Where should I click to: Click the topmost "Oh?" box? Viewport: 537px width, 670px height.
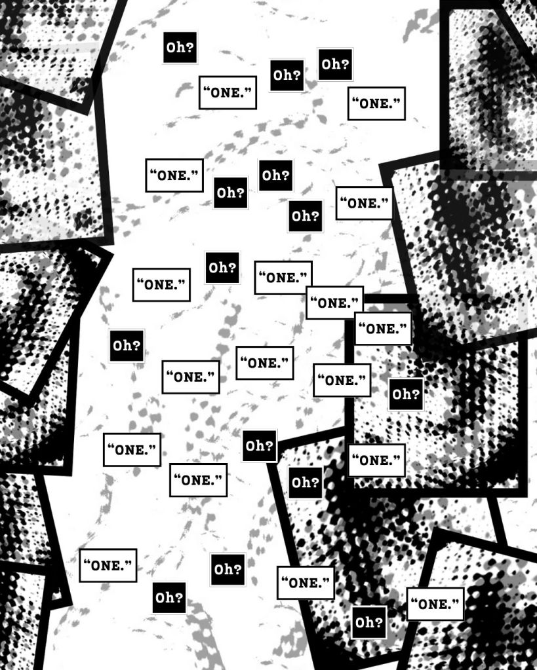[180, 47]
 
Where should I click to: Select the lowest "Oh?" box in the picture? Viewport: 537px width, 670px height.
[369, 622]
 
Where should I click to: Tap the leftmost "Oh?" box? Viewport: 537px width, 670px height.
[127, 346]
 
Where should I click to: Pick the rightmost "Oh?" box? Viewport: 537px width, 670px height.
[406, 394]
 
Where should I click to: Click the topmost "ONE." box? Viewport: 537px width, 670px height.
[228, 93]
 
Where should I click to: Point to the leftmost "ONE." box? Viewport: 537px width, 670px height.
[108, 566]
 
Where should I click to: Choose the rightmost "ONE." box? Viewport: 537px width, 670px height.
[435, 605]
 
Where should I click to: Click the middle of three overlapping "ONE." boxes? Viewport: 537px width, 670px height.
[334, 303]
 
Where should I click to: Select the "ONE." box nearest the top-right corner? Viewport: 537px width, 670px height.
[376, 103]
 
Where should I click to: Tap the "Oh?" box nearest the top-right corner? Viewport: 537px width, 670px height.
[336, 65]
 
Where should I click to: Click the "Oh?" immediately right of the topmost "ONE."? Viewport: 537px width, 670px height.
[287, 75]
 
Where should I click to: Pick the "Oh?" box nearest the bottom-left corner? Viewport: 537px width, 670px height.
[169, 598]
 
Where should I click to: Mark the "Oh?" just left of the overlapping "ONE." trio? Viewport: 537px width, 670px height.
[222, 268]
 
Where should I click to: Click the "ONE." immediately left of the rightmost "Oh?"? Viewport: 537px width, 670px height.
[342, 381]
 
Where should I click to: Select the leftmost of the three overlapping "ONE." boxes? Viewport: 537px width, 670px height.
[283, 278]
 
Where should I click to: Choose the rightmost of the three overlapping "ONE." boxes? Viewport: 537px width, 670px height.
[383, 329]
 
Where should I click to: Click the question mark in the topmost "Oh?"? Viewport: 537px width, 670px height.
[190, 47]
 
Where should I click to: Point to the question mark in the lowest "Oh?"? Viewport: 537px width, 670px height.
[379, 622]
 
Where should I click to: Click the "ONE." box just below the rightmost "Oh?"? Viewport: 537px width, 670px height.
[376, 460]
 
